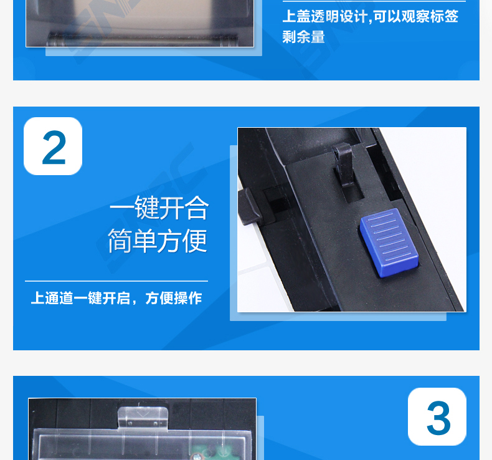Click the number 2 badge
tap(53, 146)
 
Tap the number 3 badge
tap(437, 416)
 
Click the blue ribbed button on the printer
tap(389, 242)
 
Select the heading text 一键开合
tap(159, 208)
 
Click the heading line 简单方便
tap(158, 241)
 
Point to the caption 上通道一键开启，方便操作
tap(116, 298)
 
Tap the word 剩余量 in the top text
tap(303, 37)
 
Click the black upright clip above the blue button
tap(344, 164)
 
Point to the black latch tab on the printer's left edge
tap(250, 206)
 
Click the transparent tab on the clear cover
tap(143, 418)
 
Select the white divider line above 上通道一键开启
tap(116, 281)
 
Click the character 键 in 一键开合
tap(147, 208)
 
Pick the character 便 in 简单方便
tap(194, 241)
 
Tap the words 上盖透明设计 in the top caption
tap(324, 16)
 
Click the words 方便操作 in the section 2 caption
tap(174, 298)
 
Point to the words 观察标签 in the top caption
tap(430, 16)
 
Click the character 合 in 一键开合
tap(196, 208)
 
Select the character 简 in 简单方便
tap(120, 241)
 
